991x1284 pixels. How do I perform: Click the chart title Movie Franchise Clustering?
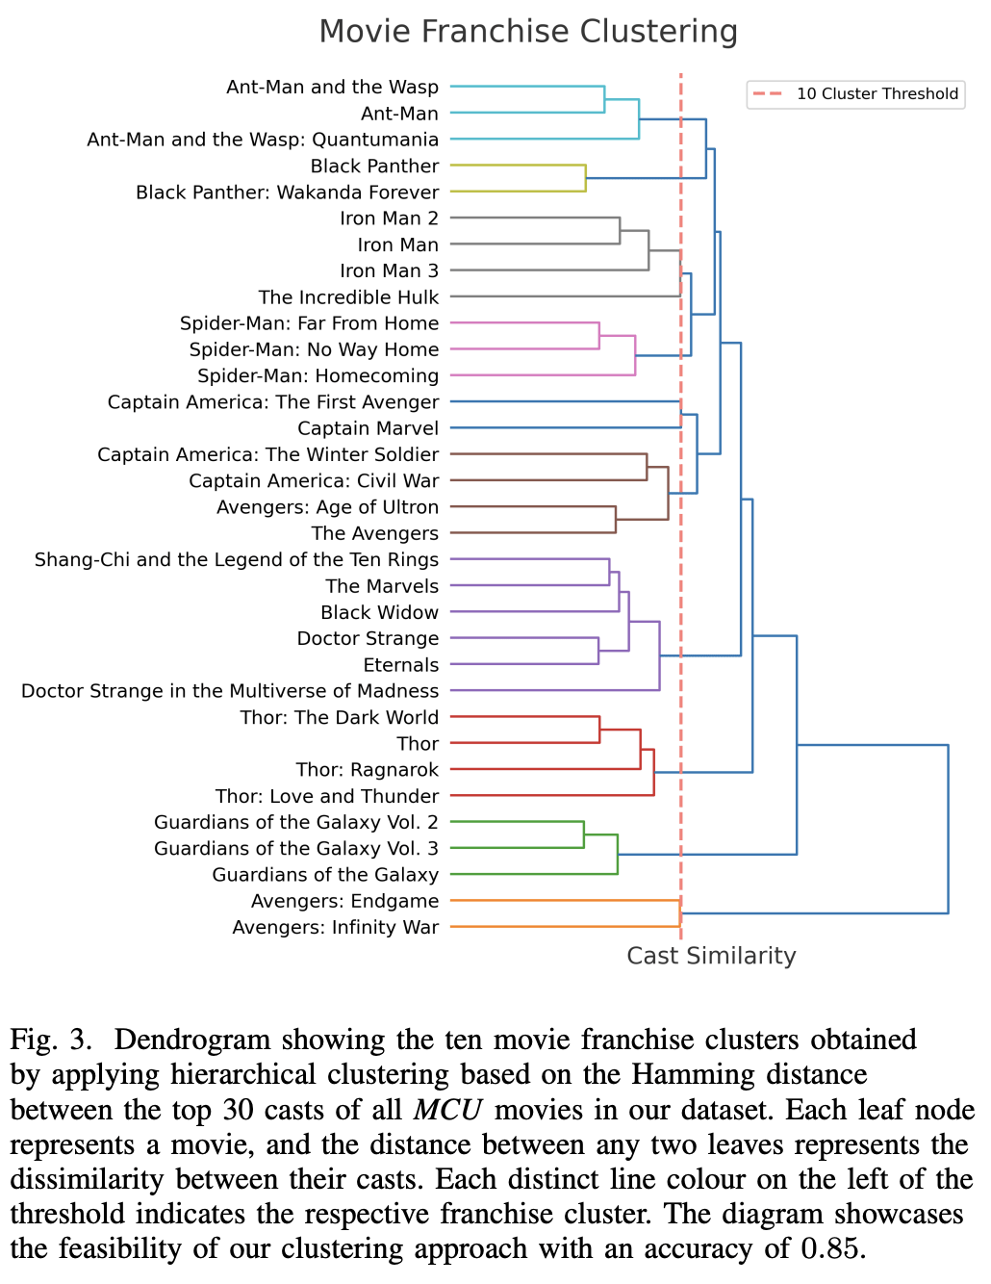tap(528, 32)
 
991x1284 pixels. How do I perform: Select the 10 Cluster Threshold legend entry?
tap(877, 93)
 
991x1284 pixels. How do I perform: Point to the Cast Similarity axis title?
tap(711, 956)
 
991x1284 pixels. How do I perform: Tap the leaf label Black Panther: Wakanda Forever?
tap(287, 193)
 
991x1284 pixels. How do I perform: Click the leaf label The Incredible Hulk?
tap(348, 297)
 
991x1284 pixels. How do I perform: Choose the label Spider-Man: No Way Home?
tap(314, 349)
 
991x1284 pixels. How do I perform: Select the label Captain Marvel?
tap(368, 428)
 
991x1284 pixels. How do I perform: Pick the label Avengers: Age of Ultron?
tap(327, 507)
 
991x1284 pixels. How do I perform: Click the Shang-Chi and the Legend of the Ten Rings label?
tap(236, 559)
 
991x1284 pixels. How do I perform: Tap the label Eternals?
tap(400, 665)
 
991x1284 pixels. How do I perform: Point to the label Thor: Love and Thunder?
tap(326, 796)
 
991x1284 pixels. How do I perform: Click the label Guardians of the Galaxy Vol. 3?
tap(295, 848)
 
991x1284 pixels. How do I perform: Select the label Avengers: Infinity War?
tap(335, 927)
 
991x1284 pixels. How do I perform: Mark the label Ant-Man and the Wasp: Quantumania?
tap(263, 140)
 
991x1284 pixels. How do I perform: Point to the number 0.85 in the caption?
tap(830, 1248)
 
